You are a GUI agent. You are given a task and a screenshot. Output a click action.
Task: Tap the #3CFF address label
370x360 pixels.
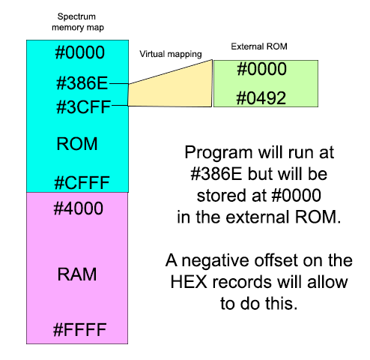pos(82,106)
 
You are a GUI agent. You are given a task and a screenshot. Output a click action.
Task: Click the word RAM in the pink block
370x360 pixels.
pos(77,275)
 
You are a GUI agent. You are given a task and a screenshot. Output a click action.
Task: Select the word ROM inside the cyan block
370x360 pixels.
pos(78,143)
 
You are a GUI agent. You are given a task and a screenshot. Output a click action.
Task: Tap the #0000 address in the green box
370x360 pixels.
pos(261,70)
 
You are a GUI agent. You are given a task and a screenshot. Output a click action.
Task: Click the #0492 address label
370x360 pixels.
pos(261,98)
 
